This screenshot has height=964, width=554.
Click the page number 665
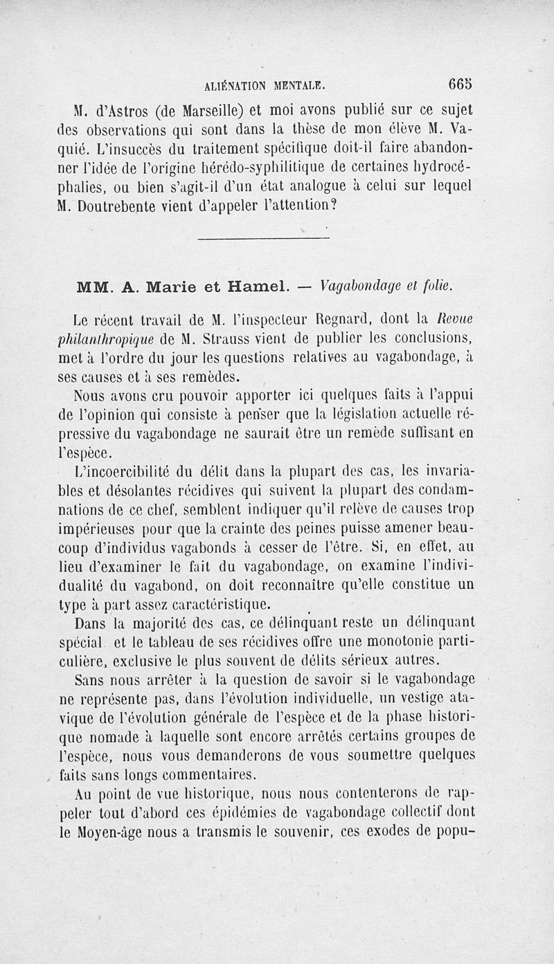[x=461, y=84]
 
